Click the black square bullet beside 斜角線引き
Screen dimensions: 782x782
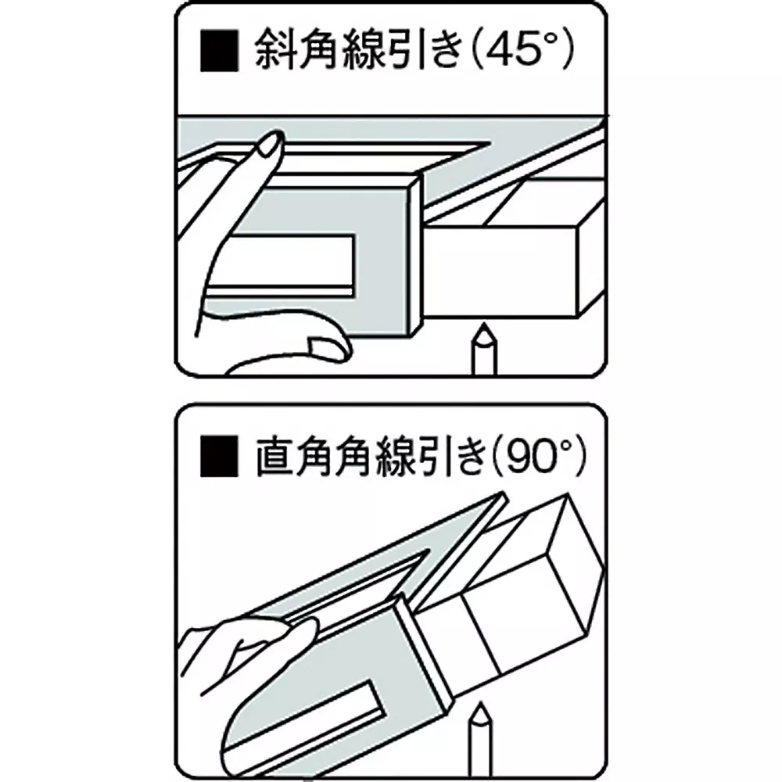pyautogui.click(x=220, y=52)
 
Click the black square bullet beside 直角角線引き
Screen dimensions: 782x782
pyautogui.click(x=220, y=457)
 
